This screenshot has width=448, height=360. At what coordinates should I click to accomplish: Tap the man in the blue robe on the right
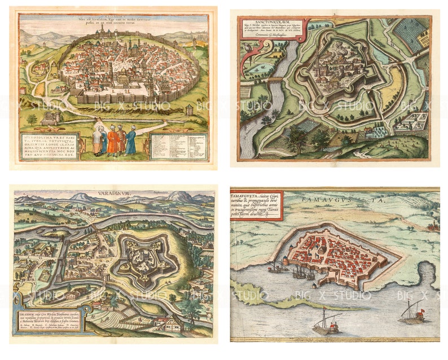[131, 141]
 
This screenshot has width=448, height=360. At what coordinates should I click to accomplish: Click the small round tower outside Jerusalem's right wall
[190, 109]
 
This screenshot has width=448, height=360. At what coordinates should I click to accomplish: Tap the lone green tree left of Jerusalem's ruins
[32, 119]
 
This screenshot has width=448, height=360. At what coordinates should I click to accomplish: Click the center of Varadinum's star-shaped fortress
[146, 257]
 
